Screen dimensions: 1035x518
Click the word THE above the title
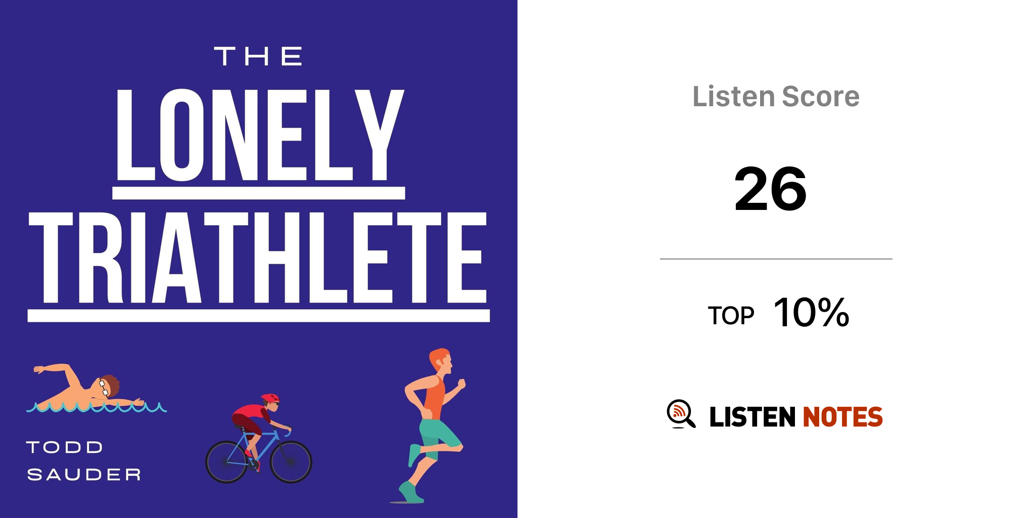258,56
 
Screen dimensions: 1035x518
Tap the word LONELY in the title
260,135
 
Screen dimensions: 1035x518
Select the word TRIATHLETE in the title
258,257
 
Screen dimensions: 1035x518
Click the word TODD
65,447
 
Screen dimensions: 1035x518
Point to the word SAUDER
84,474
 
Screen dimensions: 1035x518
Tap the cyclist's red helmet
270,399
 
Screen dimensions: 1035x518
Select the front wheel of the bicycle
291,462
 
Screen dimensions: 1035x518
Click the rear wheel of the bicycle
226,462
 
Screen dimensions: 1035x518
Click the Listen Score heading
776,97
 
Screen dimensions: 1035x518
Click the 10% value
811,312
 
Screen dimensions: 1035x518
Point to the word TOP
731,316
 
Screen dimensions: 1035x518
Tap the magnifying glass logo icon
681,414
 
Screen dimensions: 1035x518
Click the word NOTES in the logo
842,417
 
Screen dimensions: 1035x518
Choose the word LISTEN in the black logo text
752,417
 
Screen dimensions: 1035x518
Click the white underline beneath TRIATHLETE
258,316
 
